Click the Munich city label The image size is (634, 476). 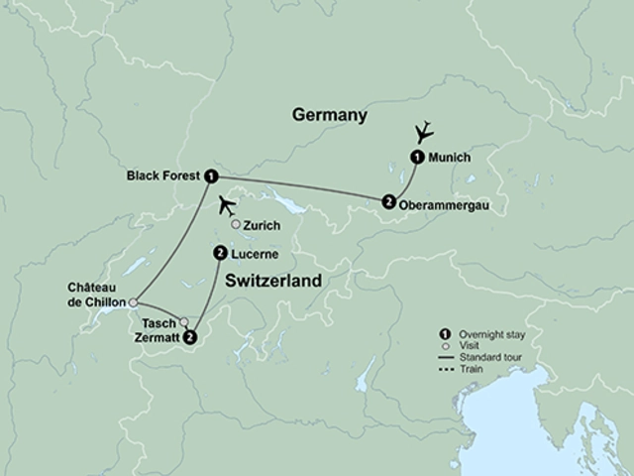point(450,157)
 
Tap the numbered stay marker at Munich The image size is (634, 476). point(417,157)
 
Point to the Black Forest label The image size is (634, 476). point(163,175)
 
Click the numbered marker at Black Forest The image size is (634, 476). point(211,176)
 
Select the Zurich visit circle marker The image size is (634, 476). point(236,225)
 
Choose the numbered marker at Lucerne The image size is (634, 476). point(219,254)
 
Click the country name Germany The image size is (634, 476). point(330,116)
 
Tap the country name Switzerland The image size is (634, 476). point(274,282)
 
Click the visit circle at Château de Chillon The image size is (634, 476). point(133,303)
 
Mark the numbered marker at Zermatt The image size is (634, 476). point(191,337)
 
